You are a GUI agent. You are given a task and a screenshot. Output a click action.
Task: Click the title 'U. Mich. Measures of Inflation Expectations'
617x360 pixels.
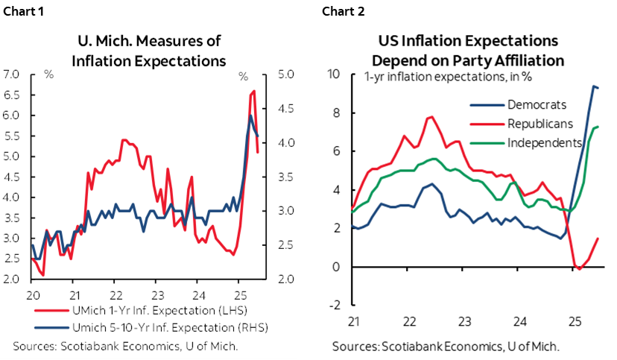(148, 51)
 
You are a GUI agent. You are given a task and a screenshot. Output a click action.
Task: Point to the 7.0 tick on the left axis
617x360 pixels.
(13, 75)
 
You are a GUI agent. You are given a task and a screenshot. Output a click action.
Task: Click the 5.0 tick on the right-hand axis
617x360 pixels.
(286, 75)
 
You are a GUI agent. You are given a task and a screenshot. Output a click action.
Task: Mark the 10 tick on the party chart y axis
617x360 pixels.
(334, 75)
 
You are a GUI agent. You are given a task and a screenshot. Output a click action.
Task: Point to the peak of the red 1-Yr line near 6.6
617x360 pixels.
(254, 91)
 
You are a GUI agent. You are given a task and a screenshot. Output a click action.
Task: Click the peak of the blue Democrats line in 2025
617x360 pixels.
(594, 86)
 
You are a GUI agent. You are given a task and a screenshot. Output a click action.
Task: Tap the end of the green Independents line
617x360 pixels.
(598, 127)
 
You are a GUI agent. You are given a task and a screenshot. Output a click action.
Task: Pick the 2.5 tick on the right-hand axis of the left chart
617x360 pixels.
(286, 245)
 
